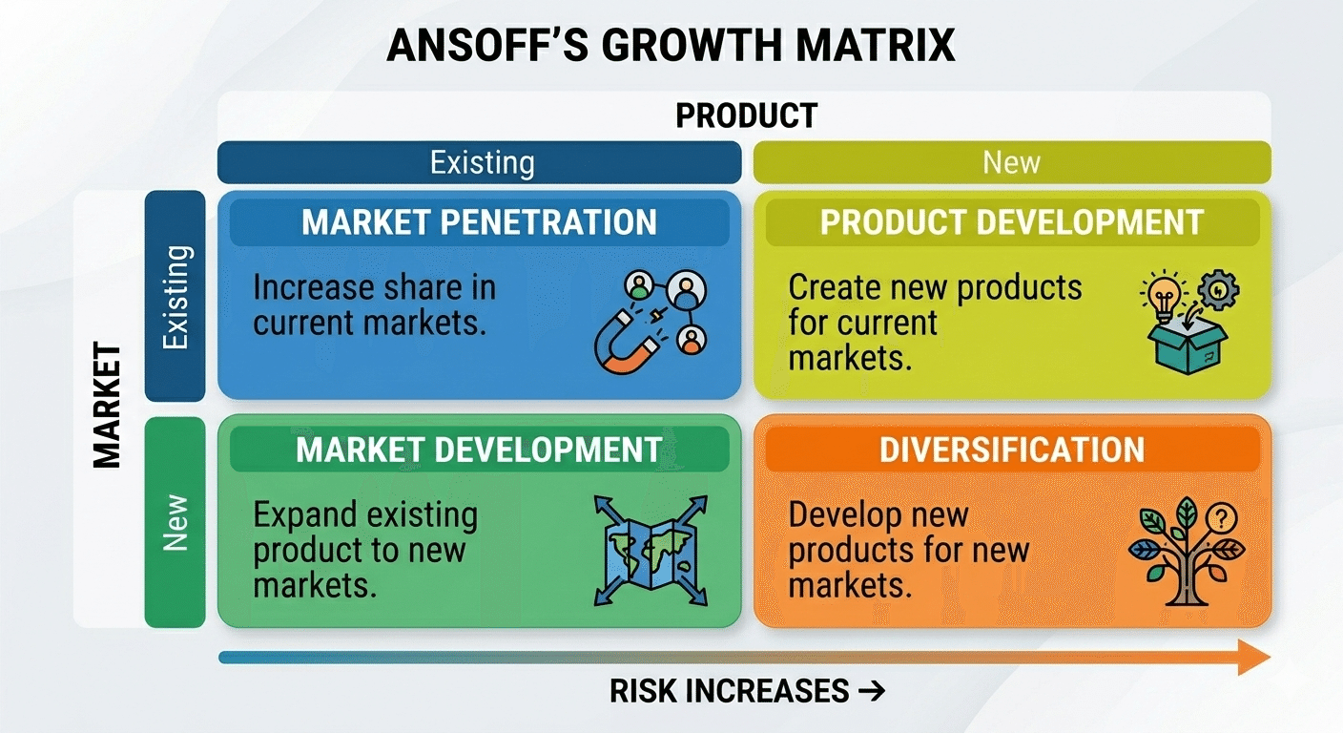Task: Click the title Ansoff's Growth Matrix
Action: click(x=671, y=45)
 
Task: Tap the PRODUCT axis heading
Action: click(x=747, y=115)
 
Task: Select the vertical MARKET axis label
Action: click(x=108, y=406)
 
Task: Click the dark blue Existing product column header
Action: click(x=479, y=162)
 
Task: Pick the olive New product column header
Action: click(x=1012, y=162)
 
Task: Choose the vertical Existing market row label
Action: click(x=176, y=296)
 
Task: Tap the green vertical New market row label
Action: click(x=176, y=522)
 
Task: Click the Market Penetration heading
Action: click(x=479, y=222)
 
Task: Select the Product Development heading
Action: click(x=1012, y=222)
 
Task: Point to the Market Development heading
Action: click(x=479, y=450)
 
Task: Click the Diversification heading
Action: click(x=1012, y=450)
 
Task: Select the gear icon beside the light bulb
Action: click(x=1218, y=290)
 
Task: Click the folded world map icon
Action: click(x=651, y=551)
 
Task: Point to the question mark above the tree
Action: click(x=1221, y=517)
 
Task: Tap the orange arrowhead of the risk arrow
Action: click(x=1254, y=657)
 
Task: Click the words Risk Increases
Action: click(x=729, y=691)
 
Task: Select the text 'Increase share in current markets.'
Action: click(x=375, y=304)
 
